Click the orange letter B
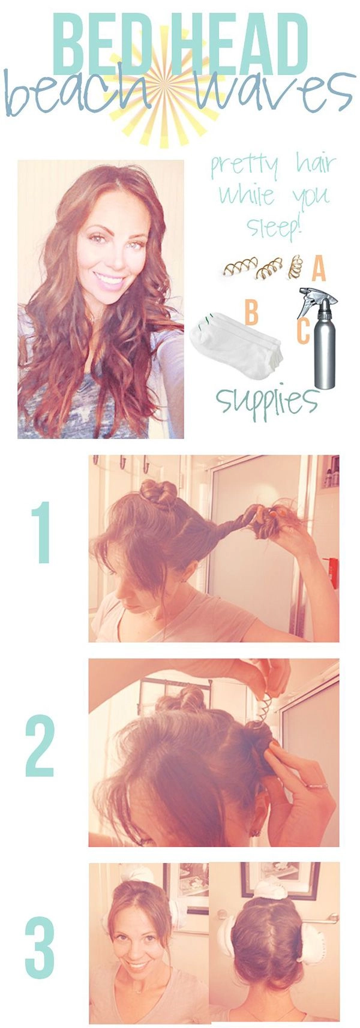point(251,313)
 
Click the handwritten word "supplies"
point(267,399)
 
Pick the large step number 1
point(42,532)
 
